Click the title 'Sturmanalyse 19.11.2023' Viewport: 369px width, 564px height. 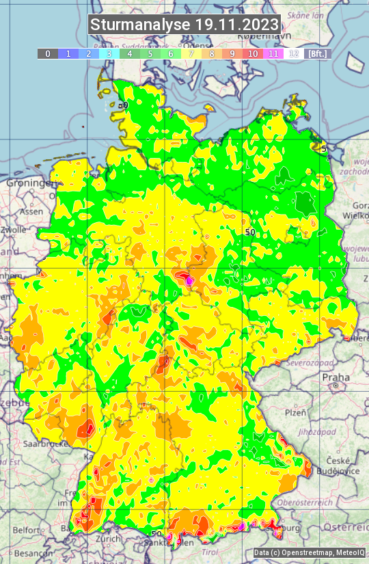coord(184,25)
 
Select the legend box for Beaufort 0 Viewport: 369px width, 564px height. coord(48,53)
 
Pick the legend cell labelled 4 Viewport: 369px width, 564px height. coord(130,53)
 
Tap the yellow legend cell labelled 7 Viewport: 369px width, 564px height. coord(191,53)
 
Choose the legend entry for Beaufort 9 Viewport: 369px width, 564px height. coord(232,53)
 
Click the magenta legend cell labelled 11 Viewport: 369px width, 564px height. coord(273,53)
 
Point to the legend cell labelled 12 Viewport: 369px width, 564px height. coord(294,53)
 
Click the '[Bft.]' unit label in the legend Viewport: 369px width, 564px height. coord(318,53)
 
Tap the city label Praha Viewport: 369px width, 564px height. coord(336,377)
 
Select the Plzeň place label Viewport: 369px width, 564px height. coord(295,412)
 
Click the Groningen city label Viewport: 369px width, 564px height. coord(31,183)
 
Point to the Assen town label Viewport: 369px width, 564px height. coord(30,212)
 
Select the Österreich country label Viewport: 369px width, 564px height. coord(346,528)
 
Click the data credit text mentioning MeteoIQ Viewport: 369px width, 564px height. coord(309,553)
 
